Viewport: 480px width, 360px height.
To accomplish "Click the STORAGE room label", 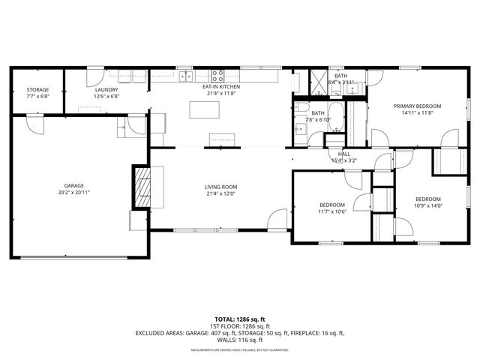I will [x=38, y=90].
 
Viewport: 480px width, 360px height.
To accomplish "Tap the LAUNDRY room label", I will [x=106, y=90].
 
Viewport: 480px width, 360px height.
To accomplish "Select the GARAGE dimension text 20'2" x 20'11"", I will [x=73, y=192].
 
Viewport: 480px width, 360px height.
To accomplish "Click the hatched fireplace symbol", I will [x=142, y=186].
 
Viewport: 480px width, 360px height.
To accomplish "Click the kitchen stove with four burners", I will [x=217, y=75].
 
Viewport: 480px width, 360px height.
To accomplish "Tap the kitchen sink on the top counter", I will [x=184, y=75].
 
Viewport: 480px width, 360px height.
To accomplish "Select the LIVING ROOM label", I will [x=220, y=187].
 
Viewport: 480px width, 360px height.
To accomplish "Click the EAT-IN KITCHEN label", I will [x=220, y=88].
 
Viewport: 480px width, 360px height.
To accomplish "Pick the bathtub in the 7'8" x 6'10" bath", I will [x=335, y=117].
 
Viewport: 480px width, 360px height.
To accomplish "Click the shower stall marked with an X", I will [x=319, y=83].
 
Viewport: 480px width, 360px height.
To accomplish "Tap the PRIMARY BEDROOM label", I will [x=418, y=106].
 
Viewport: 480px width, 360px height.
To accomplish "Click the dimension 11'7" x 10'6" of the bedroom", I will [x=332, y=211].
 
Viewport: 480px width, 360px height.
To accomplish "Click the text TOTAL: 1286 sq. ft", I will [x=240, y=319].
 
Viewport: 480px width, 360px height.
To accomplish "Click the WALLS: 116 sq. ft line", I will [x=240, y=340].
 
